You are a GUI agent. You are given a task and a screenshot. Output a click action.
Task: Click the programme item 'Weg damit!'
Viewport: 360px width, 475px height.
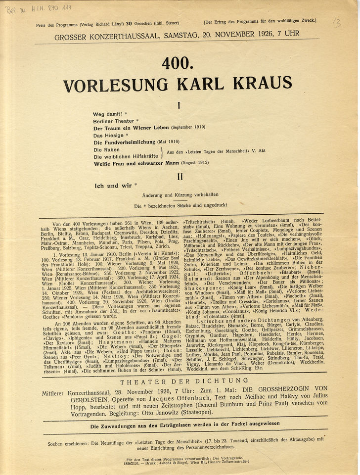(107, 114)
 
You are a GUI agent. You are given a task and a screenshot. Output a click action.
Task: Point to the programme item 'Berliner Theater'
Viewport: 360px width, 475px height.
(114, 121)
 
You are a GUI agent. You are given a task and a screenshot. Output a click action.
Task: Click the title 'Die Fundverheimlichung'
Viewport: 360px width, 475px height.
(124, 142)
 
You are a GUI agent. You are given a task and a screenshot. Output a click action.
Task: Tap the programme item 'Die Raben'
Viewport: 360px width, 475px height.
(106, 149)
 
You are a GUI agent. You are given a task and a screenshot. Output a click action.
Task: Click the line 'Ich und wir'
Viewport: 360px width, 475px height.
(113, 186)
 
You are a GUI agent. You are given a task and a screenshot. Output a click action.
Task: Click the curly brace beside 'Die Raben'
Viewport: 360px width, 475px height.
(162, 152)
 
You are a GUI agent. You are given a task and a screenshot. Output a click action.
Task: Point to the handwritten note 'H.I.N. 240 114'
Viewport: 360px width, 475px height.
(49, 8)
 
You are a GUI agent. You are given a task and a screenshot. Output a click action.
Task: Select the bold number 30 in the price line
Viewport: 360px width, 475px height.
(129, 24)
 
